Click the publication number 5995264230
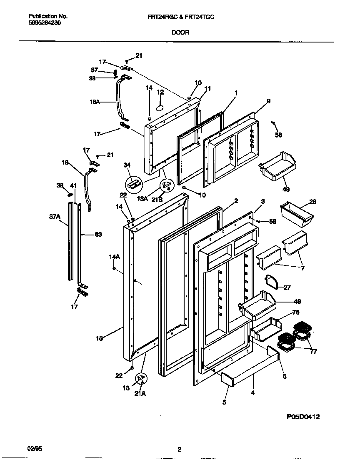45,24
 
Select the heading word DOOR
180,32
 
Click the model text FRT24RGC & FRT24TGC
181,16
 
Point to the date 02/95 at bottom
35,449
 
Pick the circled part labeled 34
134,182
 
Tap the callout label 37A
55,216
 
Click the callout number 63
98,235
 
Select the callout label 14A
115,257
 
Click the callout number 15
99,338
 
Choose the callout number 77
313,352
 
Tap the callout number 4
252,392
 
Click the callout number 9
268,100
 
